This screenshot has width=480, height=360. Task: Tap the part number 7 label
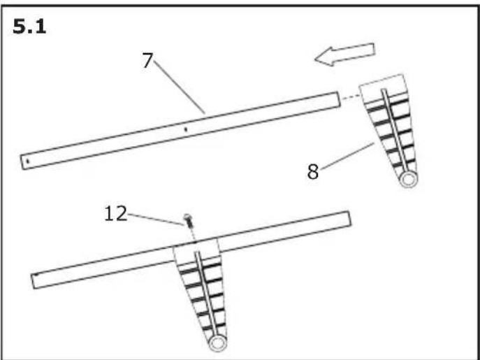click(x=147, y=61)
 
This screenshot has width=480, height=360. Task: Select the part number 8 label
click(x=314, y=171)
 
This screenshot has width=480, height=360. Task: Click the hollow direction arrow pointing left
click(x=344, y=55)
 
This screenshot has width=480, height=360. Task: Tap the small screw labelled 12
click(x=188, y=222)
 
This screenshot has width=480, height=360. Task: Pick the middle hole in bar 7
click(x=184, y=129)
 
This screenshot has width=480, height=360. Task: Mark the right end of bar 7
click(x=337, y=100)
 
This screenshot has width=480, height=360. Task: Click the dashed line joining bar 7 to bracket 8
click(x=349, y=99)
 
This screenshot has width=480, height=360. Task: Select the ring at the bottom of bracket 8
click(x=408, y=179)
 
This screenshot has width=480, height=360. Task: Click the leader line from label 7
click(x=179, y=87)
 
